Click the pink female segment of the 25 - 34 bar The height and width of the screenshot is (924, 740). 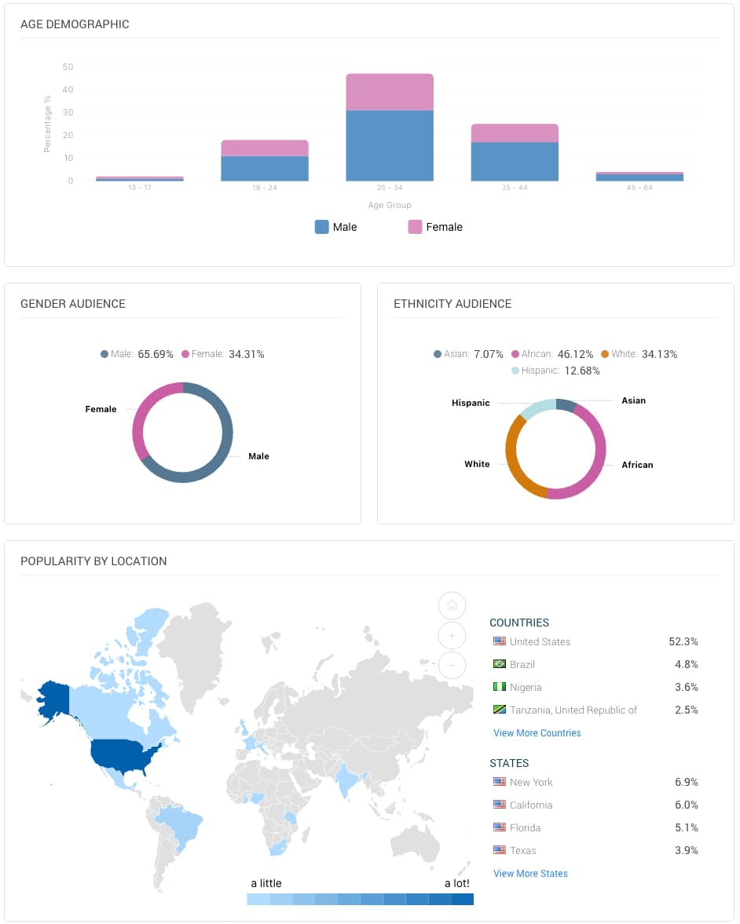click(x=390, y=92)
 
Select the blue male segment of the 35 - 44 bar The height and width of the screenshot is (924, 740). click(x=515, y=161)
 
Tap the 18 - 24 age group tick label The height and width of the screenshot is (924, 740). click(x=265, y=188)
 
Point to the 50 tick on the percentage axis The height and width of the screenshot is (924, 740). click(x=68, y=67)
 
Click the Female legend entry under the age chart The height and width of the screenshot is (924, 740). click(x=435, y=227)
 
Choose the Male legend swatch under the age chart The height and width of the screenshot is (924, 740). click(x=322, y=227)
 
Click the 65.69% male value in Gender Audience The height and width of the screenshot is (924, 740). click(x=156, y=354)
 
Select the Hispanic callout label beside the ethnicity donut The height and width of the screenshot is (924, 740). click(x=471, y=403)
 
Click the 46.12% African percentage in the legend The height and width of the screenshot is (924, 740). click(x=576, y=354)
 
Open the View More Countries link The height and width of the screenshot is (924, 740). click(x=537, y=733)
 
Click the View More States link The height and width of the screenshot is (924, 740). click(x=530, y=874)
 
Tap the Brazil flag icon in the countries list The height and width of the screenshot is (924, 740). click(x=500, y=664)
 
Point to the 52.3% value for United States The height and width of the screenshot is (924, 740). click(x=683, y=641)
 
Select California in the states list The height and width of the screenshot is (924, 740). click(x=531, y=805)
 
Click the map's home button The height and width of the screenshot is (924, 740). click(x=452, y=605)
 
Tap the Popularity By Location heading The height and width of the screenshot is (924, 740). click(x=93, y=561)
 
